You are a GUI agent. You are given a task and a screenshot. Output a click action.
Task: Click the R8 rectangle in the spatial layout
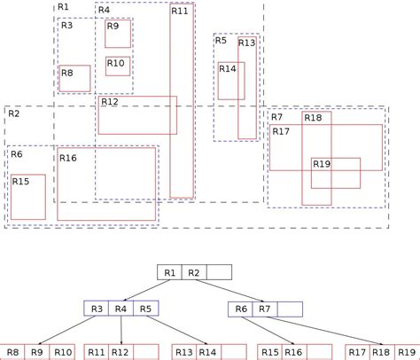coord(74,78)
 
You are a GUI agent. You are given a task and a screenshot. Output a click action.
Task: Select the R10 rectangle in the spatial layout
coord(118,67)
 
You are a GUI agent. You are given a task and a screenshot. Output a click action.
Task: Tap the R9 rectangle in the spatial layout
coord(118,34)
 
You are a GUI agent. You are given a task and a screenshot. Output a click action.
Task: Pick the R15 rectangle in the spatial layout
coord(27,196)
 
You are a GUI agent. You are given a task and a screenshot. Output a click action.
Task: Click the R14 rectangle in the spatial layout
coord(231,81)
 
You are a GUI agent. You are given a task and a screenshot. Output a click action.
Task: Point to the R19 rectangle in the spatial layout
coord(335,173)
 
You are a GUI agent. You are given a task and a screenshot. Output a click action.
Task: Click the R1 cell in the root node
coord(169,272)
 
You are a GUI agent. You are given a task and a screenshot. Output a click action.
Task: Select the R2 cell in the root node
coord(195,272)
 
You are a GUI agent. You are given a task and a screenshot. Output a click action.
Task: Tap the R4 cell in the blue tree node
coord(121,309)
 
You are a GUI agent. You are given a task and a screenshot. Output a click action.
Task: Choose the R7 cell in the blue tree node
coord(264,309)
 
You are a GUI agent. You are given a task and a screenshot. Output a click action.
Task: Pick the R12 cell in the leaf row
coord(121,352)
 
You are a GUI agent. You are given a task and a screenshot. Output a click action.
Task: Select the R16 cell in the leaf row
coord(294,352)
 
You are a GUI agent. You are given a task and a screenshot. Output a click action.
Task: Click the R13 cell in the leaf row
coord(183,352)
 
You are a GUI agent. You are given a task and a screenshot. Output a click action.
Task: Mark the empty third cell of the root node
coord(220,272)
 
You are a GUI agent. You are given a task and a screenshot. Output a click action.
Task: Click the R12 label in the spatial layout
coord(110,102)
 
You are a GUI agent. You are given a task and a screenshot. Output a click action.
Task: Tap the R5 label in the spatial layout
coord(222,41)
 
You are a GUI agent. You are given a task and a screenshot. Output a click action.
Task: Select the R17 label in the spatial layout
coord(281,132)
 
